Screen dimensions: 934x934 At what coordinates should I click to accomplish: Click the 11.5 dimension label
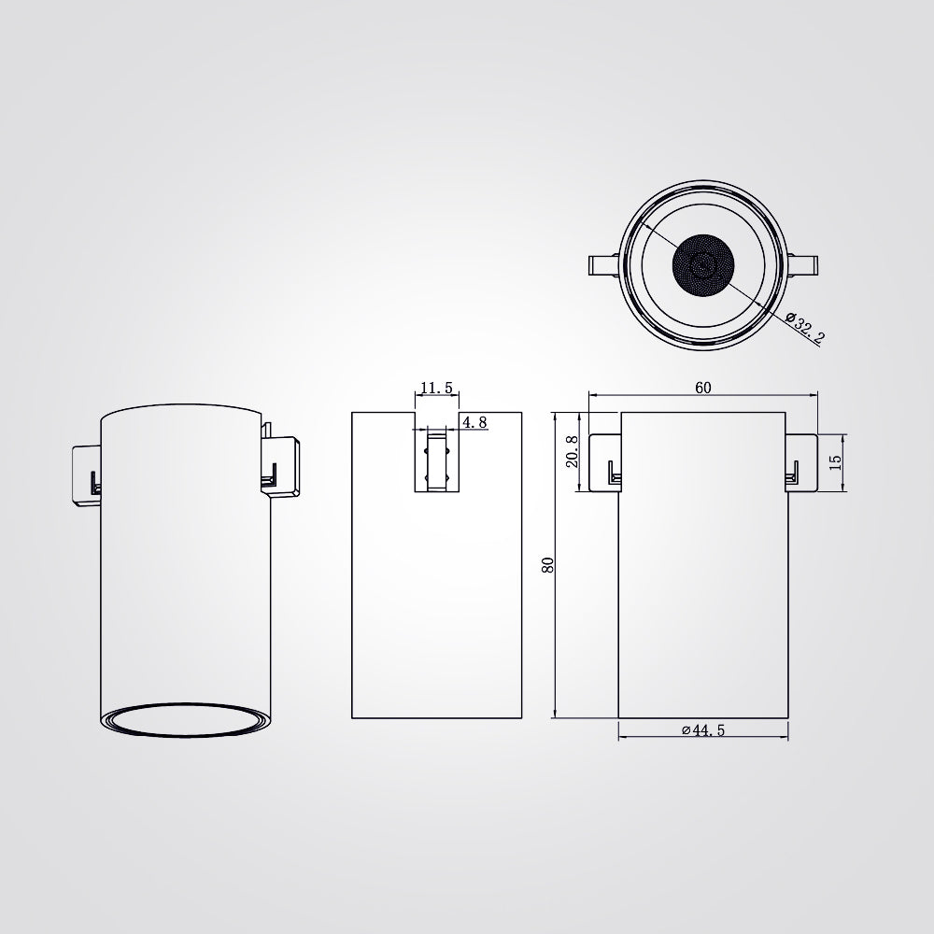pyautogui.click(x=436, y=388)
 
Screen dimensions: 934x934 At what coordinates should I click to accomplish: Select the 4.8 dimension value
pyautogui.click(x=474, y=422)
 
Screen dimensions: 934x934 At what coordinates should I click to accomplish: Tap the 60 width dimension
pyautogui.click(x=703, y=388)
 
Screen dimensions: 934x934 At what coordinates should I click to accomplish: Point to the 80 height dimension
pyautogui.click(x=548, y=565)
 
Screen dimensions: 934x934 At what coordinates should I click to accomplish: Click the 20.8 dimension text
pyautogui.click(x=572, y=451)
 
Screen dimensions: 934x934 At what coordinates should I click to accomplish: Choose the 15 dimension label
pyautogui.click(x=835, y=462)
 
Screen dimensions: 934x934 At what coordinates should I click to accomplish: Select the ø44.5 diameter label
pyautogui.click(x=703, y=730)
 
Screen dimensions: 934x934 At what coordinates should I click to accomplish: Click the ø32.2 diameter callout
pyautogui.click(x=804, y=328)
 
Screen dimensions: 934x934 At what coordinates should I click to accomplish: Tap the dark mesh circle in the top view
pyautogui.click(x=703, y=265)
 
